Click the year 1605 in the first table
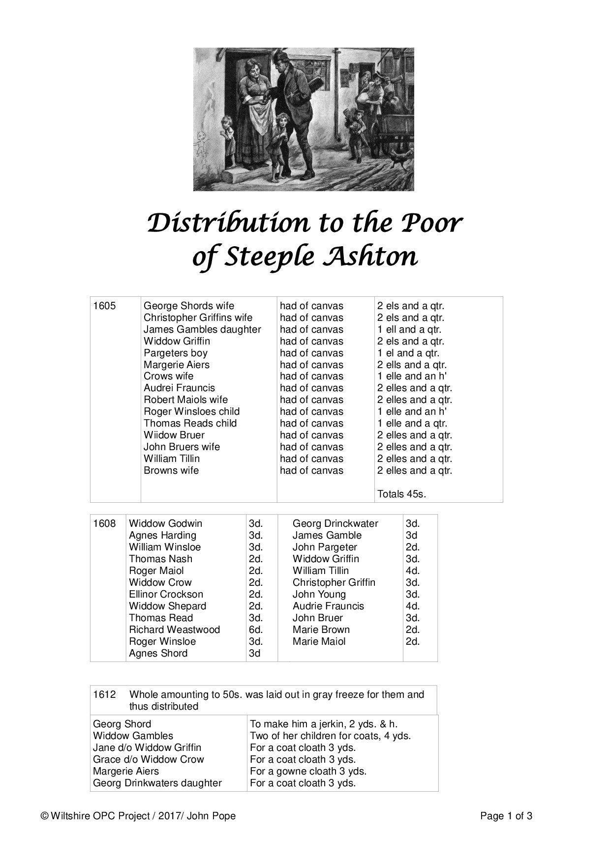pos(104,306)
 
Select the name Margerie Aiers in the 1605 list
pos(176,365)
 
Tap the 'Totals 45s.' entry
pos(401,494)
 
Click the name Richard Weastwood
pos(174,630)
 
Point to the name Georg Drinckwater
pos(335,523)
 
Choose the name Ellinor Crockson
pos(166,594)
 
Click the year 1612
pos(104,694)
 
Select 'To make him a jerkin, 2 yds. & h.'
pos(324,724)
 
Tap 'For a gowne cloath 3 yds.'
pos(308,771)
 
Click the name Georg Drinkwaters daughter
pos(157,783)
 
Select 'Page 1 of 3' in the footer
pos(506,816)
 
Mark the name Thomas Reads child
pos(190,423)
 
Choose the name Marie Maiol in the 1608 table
pos(319,641)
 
